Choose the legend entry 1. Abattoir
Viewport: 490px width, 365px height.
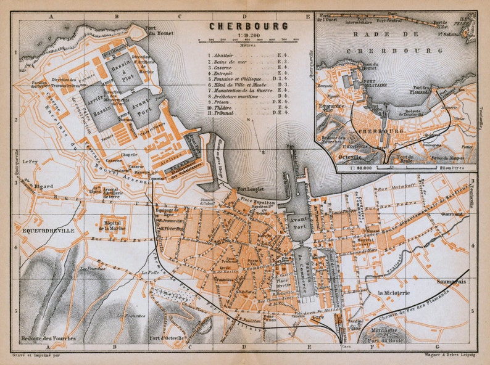(x=228, y=55)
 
